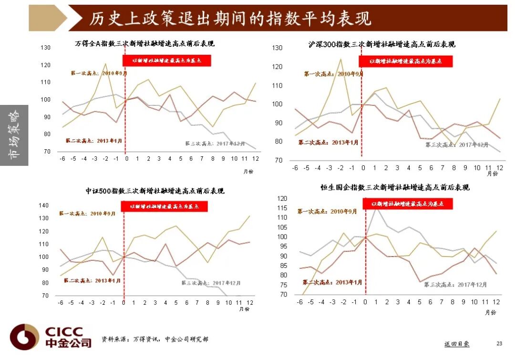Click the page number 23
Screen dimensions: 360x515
[499, 343]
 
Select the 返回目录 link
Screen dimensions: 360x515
[456, 344]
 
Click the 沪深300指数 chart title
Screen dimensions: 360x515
[381, 44]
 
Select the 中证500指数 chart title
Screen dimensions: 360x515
[155, 191]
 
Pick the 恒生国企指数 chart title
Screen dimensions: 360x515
[395, 187]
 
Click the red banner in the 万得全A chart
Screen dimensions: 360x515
[166, 61]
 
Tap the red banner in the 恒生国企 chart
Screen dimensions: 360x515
[408, 204]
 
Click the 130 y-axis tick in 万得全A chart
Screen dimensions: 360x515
[45, 48]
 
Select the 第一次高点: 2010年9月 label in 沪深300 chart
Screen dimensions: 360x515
[333, 74]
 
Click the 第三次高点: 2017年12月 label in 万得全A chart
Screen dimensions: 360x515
[215, 143]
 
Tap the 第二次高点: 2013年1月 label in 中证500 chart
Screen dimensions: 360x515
[92, 280]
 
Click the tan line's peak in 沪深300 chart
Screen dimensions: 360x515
[340, 59]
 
